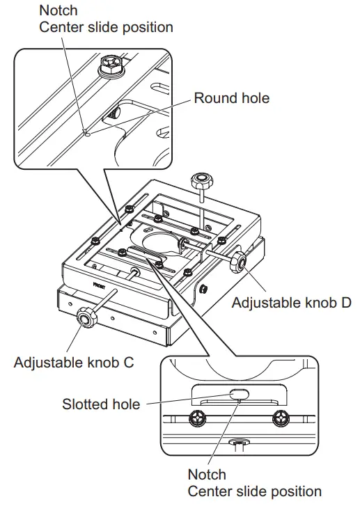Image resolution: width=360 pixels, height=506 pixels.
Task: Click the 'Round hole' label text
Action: tap(231, 98)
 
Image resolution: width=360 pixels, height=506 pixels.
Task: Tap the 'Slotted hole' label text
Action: tap(101, 404)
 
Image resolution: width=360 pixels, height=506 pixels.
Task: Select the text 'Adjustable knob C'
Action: tap(73, 363)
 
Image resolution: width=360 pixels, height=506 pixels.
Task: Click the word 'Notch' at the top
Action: tap(59, 10)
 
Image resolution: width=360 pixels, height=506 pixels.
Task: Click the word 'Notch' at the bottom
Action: tap(207, 475)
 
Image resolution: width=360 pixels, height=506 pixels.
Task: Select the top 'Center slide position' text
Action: tap(106, 27)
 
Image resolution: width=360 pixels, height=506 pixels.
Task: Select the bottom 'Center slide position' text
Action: tap(254, 491)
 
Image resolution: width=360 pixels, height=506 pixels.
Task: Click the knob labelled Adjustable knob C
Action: tap(86, 319)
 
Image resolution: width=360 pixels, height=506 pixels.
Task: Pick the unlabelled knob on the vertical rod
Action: tap(199, 184)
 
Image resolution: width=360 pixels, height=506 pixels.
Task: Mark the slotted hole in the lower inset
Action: tap(237, 394)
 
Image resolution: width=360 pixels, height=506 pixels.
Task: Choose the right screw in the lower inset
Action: tap(281, 418)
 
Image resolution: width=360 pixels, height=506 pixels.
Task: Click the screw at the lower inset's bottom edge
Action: tap(241, 443)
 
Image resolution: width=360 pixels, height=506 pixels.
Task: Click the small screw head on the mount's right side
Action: tap(203, 288)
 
